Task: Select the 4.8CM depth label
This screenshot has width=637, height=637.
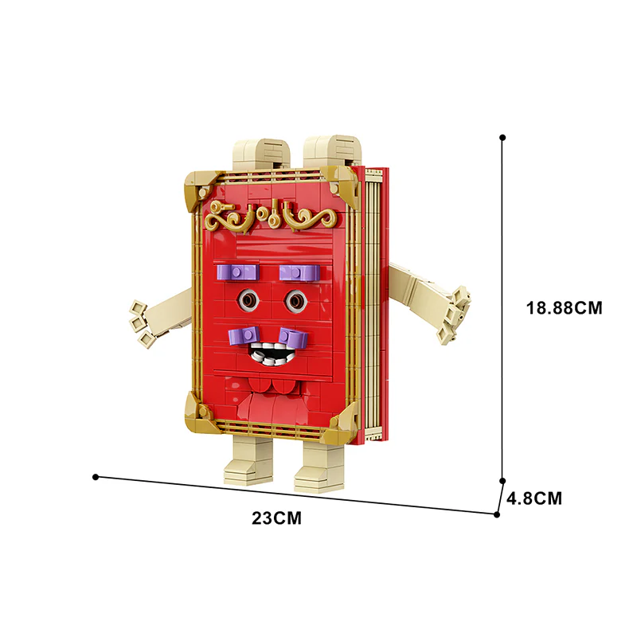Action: (x=534, y=499)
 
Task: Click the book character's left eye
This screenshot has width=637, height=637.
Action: (x=250, y=299)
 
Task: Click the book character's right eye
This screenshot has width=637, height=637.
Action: (x=296, y=300)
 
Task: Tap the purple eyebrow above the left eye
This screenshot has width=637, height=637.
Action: (x=236, y=272)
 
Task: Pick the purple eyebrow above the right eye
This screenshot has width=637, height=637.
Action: (x=299, y=273)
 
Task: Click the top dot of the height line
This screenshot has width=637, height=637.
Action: (x=502, y=137)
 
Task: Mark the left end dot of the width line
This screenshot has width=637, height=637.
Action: (x=96, y=477)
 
